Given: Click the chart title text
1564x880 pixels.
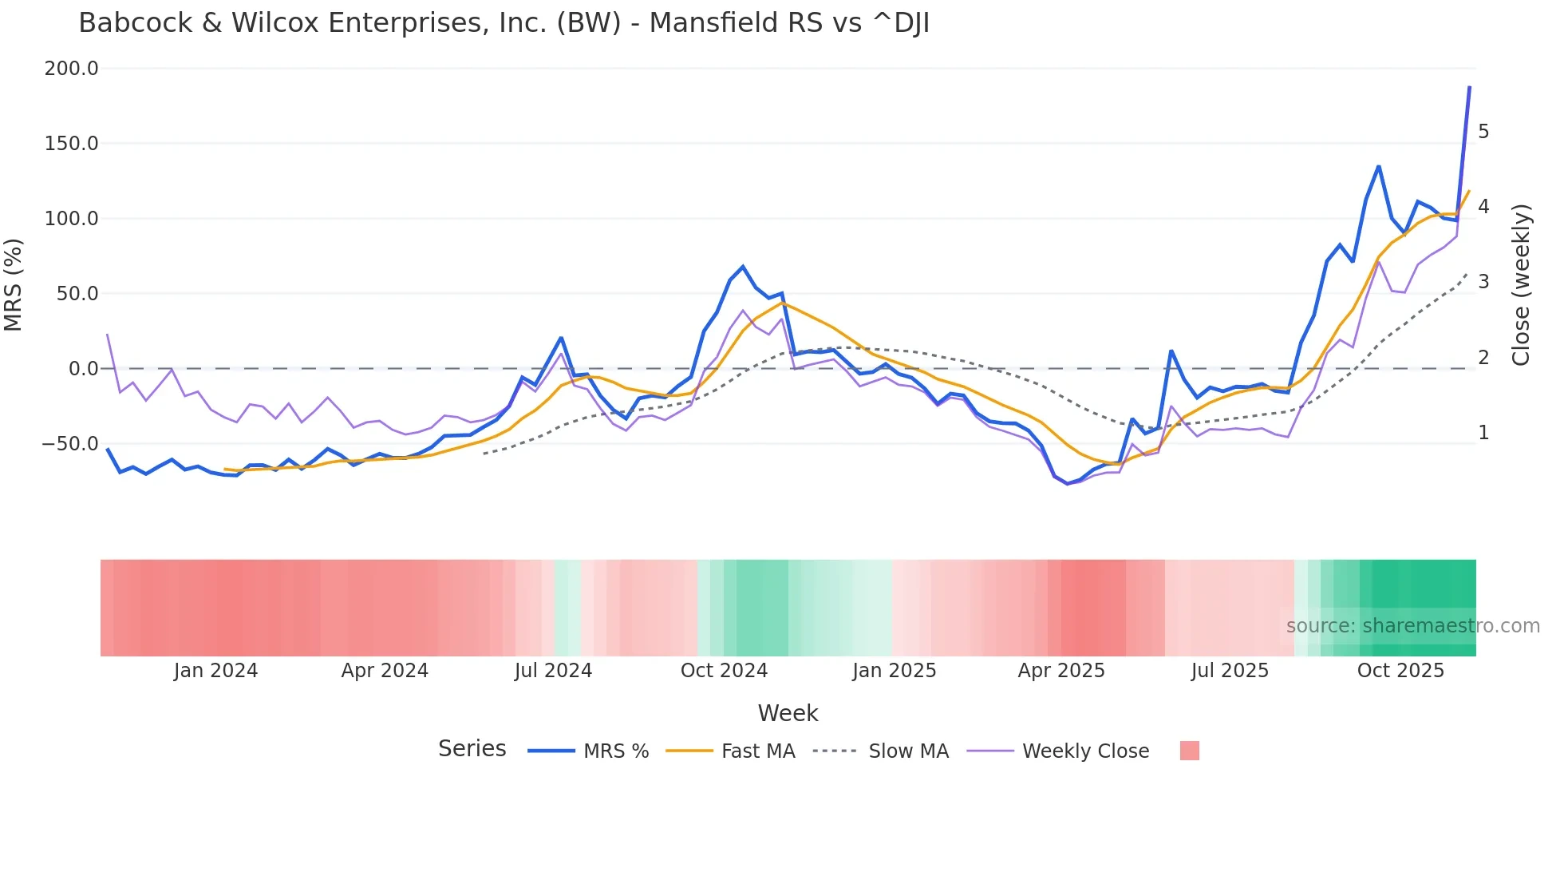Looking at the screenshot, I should [x=504, y=23].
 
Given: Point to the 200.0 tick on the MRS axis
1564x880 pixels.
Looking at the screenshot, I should [x=71, y=69].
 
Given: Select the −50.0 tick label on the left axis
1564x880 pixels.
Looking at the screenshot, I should [x=71, y=444].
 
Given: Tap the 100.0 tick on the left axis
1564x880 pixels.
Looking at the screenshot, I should [x=71, y=219].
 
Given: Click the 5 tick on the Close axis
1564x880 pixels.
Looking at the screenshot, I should [x=1483, y=132].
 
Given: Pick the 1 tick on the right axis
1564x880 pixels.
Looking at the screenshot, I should [x=1483, y=433].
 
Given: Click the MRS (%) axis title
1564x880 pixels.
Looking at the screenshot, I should [x=14, y=284].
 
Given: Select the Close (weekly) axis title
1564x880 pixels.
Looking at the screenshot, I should [x=1521, y=284].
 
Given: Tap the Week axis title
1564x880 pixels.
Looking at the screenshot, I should [x=788, y=713].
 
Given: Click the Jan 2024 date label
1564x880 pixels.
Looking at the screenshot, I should [x=215, y=671].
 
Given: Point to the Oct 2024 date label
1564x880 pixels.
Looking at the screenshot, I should [x=724, y=671].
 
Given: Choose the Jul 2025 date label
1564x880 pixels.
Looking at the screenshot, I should [x=1230, y=671].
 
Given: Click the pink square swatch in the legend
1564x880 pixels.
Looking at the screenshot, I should [x=1189, y=751].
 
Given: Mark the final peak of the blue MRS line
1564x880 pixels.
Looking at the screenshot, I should [x=1469, y=87].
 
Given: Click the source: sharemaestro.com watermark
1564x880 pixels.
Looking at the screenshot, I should [x=1412, y=626].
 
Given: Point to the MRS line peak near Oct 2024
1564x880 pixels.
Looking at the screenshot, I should [x=743, y=267].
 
